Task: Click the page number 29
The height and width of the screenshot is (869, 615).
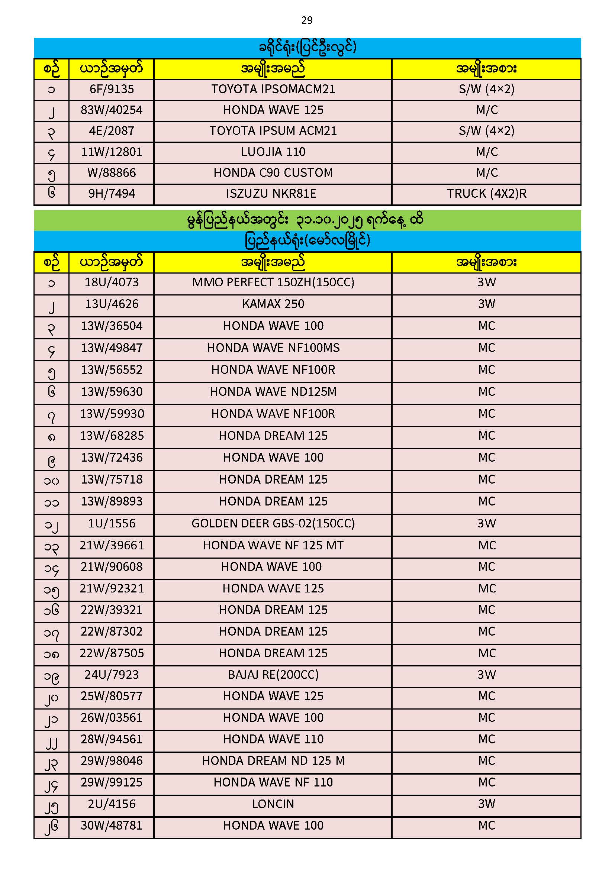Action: coord(307,20)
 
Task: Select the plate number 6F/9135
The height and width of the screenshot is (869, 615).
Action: coord(112,89)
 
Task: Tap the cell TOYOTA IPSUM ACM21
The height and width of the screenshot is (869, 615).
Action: coord(273,131)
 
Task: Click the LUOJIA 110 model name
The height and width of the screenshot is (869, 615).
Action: coord(273,152)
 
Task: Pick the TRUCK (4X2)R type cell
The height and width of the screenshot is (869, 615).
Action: coord(487,194)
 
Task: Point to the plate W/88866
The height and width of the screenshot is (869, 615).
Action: coord(112,173)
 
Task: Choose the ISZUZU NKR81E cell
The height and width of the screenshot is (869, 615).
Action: coord(271,194)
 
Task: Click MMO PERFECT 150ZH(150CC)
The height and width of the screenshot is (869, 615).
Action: coord(273,282)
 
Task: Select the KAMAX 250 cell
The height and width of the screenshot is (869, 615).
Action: coord(273,304)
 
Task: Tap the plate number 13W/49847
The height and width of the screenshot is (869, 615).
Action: coord(112,348)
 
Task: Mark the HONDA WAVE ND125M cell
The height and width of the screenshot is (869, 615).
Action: coord(273,392)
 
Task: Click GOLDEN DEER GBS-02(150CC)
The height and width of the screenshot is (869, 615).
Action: coord(273,523)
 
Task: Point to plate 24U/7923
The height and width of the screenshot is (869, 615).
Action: coord(112,675)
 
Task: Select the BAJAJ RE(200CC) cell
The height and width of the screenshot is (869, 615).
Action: coord(273,675)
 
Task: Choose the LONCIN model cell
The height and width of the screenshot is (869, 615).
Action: coord(273,804)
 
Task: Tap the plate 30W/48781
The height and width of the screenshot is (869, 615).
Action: coord(112,826)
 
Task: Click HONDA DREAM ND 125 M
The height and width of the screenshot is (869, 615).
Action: coord(273,761)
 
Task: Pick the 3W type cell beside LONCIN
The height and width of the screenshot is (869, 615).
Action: coord(487,804)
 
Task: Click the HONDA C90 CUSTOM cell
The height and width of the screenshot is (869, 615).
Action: coord(273,173)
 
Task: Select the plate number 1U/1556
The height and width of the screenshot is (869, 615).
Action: coord(112,523)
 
